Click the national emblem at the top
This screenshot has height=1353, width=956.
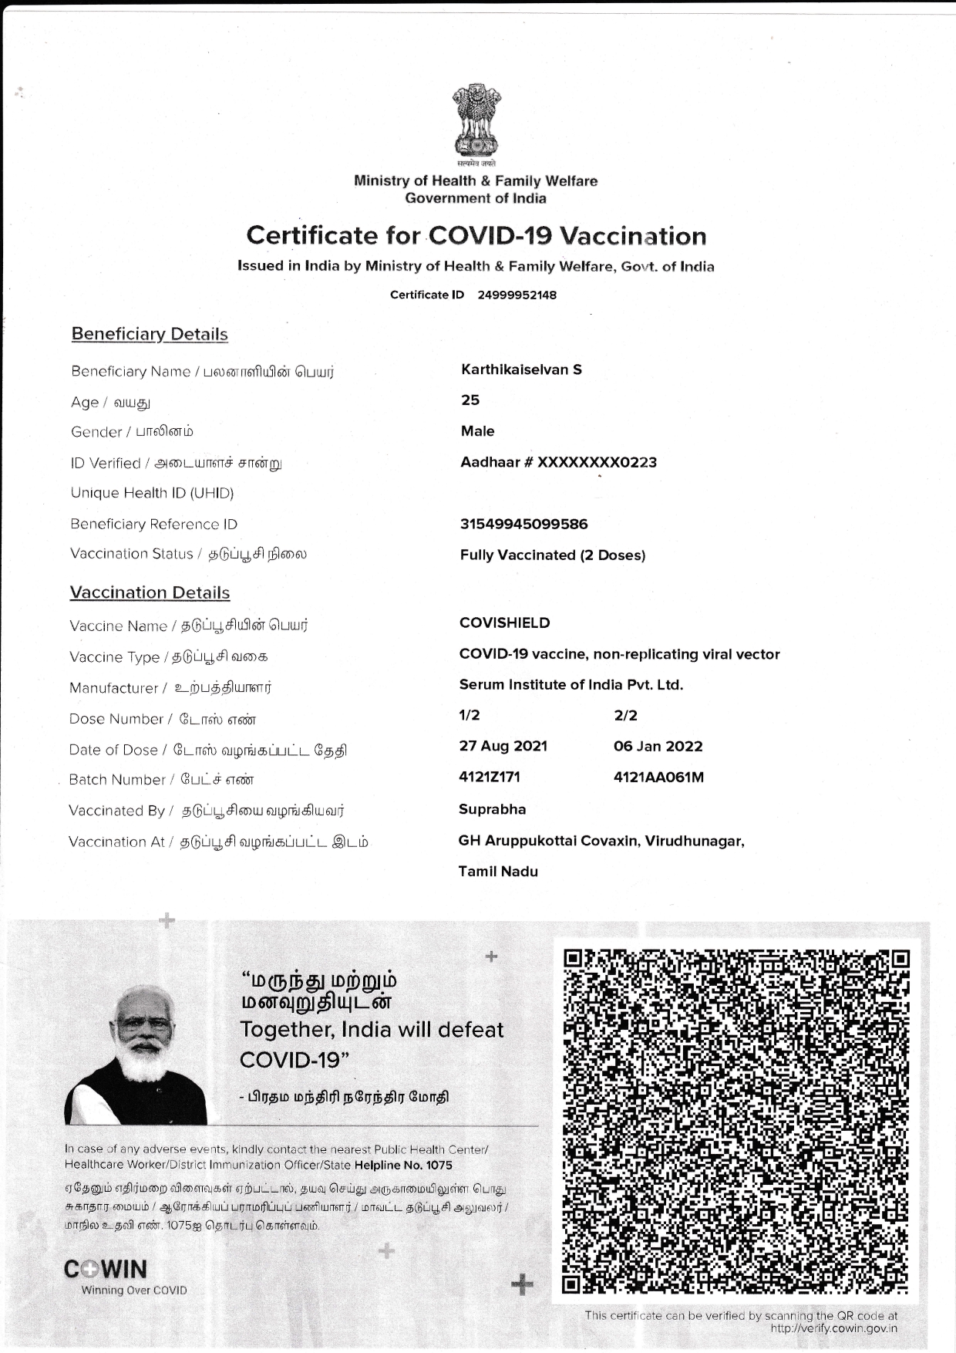pyautogui.click(x=476, y=123)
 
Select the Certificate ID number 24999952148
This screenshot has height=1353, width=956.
pyautogui.click(x=517, y=295)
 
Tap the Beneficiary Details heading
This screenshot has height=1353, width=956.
pyautogui.click(x=150, y=334)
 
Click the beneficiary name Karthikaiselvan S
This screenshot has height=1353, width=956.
pyautogui.click(x=521, y=369)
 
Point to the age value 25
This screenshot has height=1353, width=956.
pyautogui.click(x=470, y=400)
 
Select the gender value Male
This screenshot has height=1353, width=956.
pyautogui.click(x=477, y=431)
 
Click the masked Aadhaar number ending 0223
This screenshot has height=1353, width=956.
pyautogui.click(x=558, y=462)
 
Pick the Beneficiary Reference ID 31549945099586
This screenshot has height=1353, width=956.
pyautogui.click(x=523, y=525)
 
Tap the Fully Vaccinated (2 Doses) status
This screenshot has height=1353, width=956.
pyautogui.click(x=552, y=555)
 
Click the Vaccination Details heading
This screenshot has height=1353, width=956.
pyautogui.click(x=150, y=592)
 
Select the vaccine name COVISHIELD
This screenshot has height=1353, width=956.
pyautogui.click(x=504, y=623)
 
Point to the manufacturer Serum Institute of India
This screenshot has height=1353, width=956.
pyautogui.click(x=571, y=684)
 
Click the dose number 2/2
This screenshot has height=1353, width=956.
pyautogui.click(x=625, y=715)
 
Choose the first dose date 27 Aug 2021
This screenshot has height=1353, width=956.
pyautogui.click(x=503, y=746)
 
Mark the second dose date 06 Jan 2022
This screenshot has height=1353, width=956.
pyautogui.click(x=658, y=746)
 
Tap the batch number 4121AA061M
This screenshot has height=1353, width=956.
pyautogui.click(x=658, y=777)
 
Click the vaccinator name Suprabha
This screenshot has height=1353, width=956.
pyautogui.click(x=492, y=809)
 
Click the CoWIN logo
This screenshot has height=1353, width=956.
pyautogui.click(x=106, y=1270)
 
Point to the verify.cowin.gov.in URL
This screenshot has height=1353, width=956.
pyautogui.click(x=833, y=1328)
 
